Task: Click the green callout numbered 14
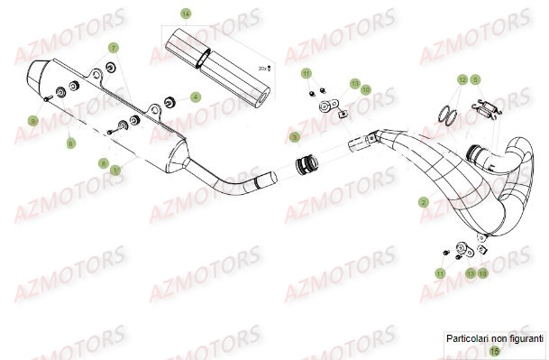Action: [x=186, y=14]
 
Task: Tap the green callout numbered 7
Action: [x=114, y=46]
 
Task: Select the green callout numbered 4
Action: [x=196, y=97]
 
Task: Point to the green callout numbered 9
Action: [x=33, y=120]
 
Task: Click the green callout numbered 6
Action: [x=71, y=143]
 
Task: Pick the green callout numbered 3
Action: [x=294, y=137]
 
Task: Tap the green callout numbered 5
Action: [x=475, y=79]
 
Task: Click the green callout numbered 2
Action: [x=423, y=204]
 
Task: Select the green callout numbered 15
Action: [x=493, y=350]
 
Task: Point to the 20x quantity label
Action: [x=263, y=68]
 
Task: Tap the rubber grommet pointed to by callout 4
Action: [x=169, y=97]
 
